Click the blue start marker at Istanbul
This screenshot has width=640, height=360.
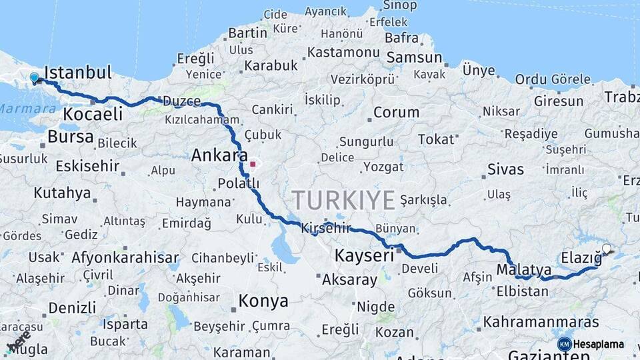[35, 78]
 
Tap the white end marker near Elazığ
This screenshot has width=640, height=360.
[606, 249]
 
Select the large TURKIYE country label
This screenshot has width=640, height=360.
[343, 200]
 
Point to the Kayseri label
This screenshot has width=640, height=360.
[364, 256]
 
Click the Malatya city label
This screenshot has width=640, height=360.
[524, 270]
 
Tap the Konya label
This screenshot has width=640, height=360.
[263, 301]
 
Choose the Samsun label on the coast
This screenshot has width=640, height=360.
[414, 58]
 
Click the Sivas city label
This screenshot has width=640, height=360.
[506, 169]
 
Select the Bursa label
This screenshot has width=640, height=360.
[71, 137]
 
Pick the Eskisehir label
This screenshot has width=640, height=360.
[87, 166]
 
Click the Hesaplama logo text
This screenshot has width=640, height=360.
[599, 344]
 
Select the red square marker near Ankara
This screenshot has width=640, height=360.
[253, 163]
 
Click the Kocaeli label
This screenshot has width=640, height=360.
[93, 114]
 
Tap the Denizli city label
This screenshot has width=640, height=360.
[72, 308]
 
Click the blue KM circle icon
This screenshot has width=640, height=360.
[564, 344]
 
